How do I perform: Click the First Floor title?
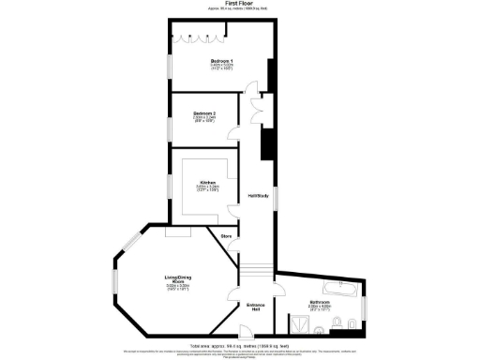point(239,5)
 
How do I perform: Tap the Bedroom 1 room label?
point(221,62)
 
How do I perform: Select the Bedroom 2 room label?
point(204,113)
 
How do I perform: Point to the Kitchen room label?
point(207,183)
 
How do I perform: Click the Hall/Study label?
point(258,195)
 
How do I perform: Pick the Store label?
point(226,237)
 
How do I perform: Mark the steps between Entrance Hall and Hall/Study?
point(256,275)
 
